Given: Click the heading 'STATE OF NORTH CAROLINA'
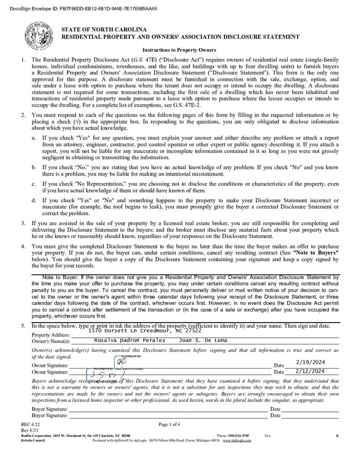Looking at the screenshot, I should pos(104,30).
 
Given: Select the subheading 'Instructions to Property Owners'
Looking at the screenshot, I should pos(179,50).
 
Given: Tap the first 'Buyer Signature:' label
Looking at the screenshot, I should pos(50,409).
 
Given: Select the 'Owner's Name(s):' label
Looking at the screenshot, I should pos(51,341).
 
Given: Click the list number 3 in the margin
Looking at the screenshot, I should pos(23,223).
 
